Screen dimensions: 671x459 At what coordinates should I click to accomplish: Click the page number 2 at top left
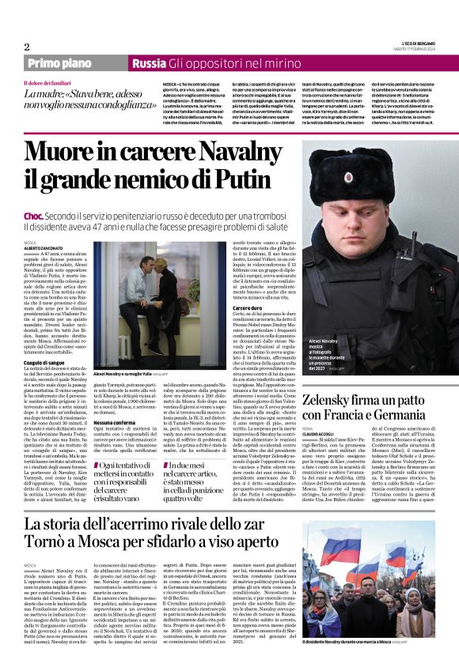[x=28, y=47]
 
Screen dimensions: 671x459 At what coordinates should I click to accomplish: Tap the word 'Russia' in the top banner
[x=148, y=63]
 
